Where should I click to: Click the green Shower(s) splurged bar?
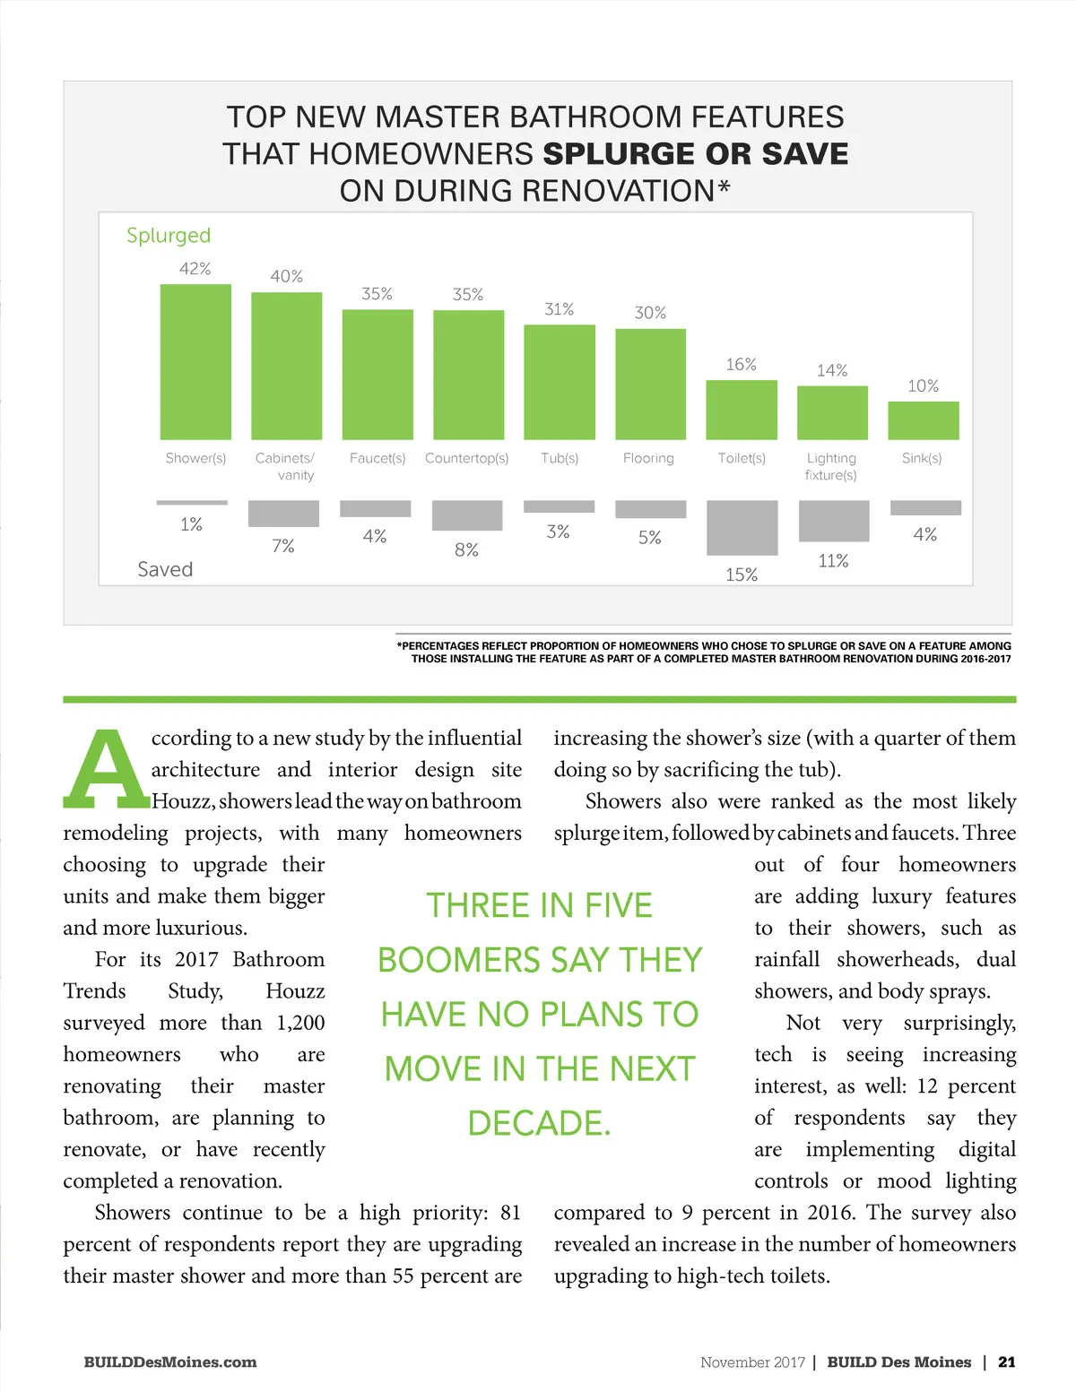[x=195, y=361]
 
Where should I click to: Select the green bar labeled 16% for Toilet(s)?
[x=742, y=410]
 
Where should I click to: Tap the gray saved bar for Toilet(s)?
[x=742, y=528]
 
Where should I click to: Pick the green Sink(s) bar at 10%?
[x=923, y=420]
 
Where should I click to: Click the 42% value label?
[x=195, y=269]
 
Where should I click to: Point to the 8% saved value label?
[x=466, y=550]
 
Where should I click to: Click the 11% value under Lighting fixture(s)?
[x=833, y=561]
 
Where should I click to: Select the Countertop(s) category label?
[x=466, y=458]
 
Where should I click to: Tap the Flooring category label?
[x=648, y=458]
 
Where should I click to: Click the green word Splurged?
[x=169, y=236]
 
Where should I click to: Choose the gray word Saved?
[x=165, y=569]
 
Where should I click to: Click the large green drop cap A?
[x=106, y=769]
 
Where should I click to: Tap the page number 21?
[x=1007, y=1362]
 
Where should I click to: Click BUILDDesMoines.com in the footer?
[x=170, y=1362]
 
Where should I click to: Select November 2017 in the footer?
[x=752, y=1362]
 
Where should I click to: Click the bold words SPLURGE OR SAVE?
[x=696, y=154]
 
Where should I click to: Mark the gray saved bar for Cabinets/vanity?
[x=283, y=514]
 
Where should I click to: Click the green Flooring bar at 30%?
[x=650, y=384]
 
